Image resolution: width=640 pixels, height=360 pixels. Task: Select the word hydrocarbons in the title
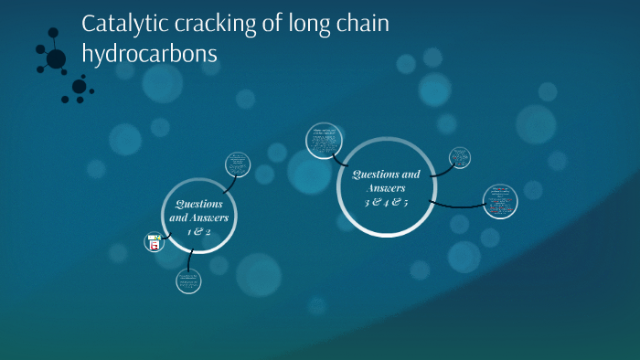(x=150, y=54)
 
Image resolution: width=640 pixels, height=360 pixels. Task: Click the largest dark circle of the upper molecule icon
(x=57, y=58)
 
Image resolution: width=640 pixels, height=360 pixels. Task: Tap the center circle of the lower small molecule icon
(x=80, y=87)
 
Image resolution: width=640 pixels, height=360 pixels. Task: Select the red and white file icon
(x=154, y=243)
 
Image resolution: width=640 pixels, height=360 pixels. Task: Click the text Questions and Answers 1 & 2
(x=199, y=218)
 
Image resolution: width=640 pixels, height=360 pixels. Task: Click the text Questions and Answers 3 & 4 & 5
(x=385, y=187)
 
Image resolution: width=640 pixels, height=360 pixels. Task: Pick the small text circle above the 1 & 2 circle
(x=238, y=164)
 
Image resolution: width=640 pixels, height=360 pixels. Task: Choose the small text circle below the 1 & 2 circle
(x=188, y=281)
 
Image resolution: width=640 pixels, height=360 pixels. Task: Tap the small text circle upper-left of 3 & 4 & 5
(x=323, y=140)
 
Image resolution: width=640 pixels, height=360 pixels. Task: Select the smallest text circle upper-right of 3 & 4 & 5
(x=461, y=157)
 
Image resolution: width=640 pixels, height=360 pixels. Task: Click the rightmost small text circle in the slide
(x=500, y=202)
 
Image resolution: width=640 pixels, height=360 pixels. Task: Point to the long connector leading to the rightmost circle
(x=457, y=205)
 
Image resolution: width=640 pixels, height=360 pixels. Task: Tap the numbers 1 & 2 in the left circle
(x=199, y=232)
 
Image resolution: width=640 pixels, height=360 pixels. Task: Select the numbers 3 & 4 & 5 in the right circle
(x=386, y=202)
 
